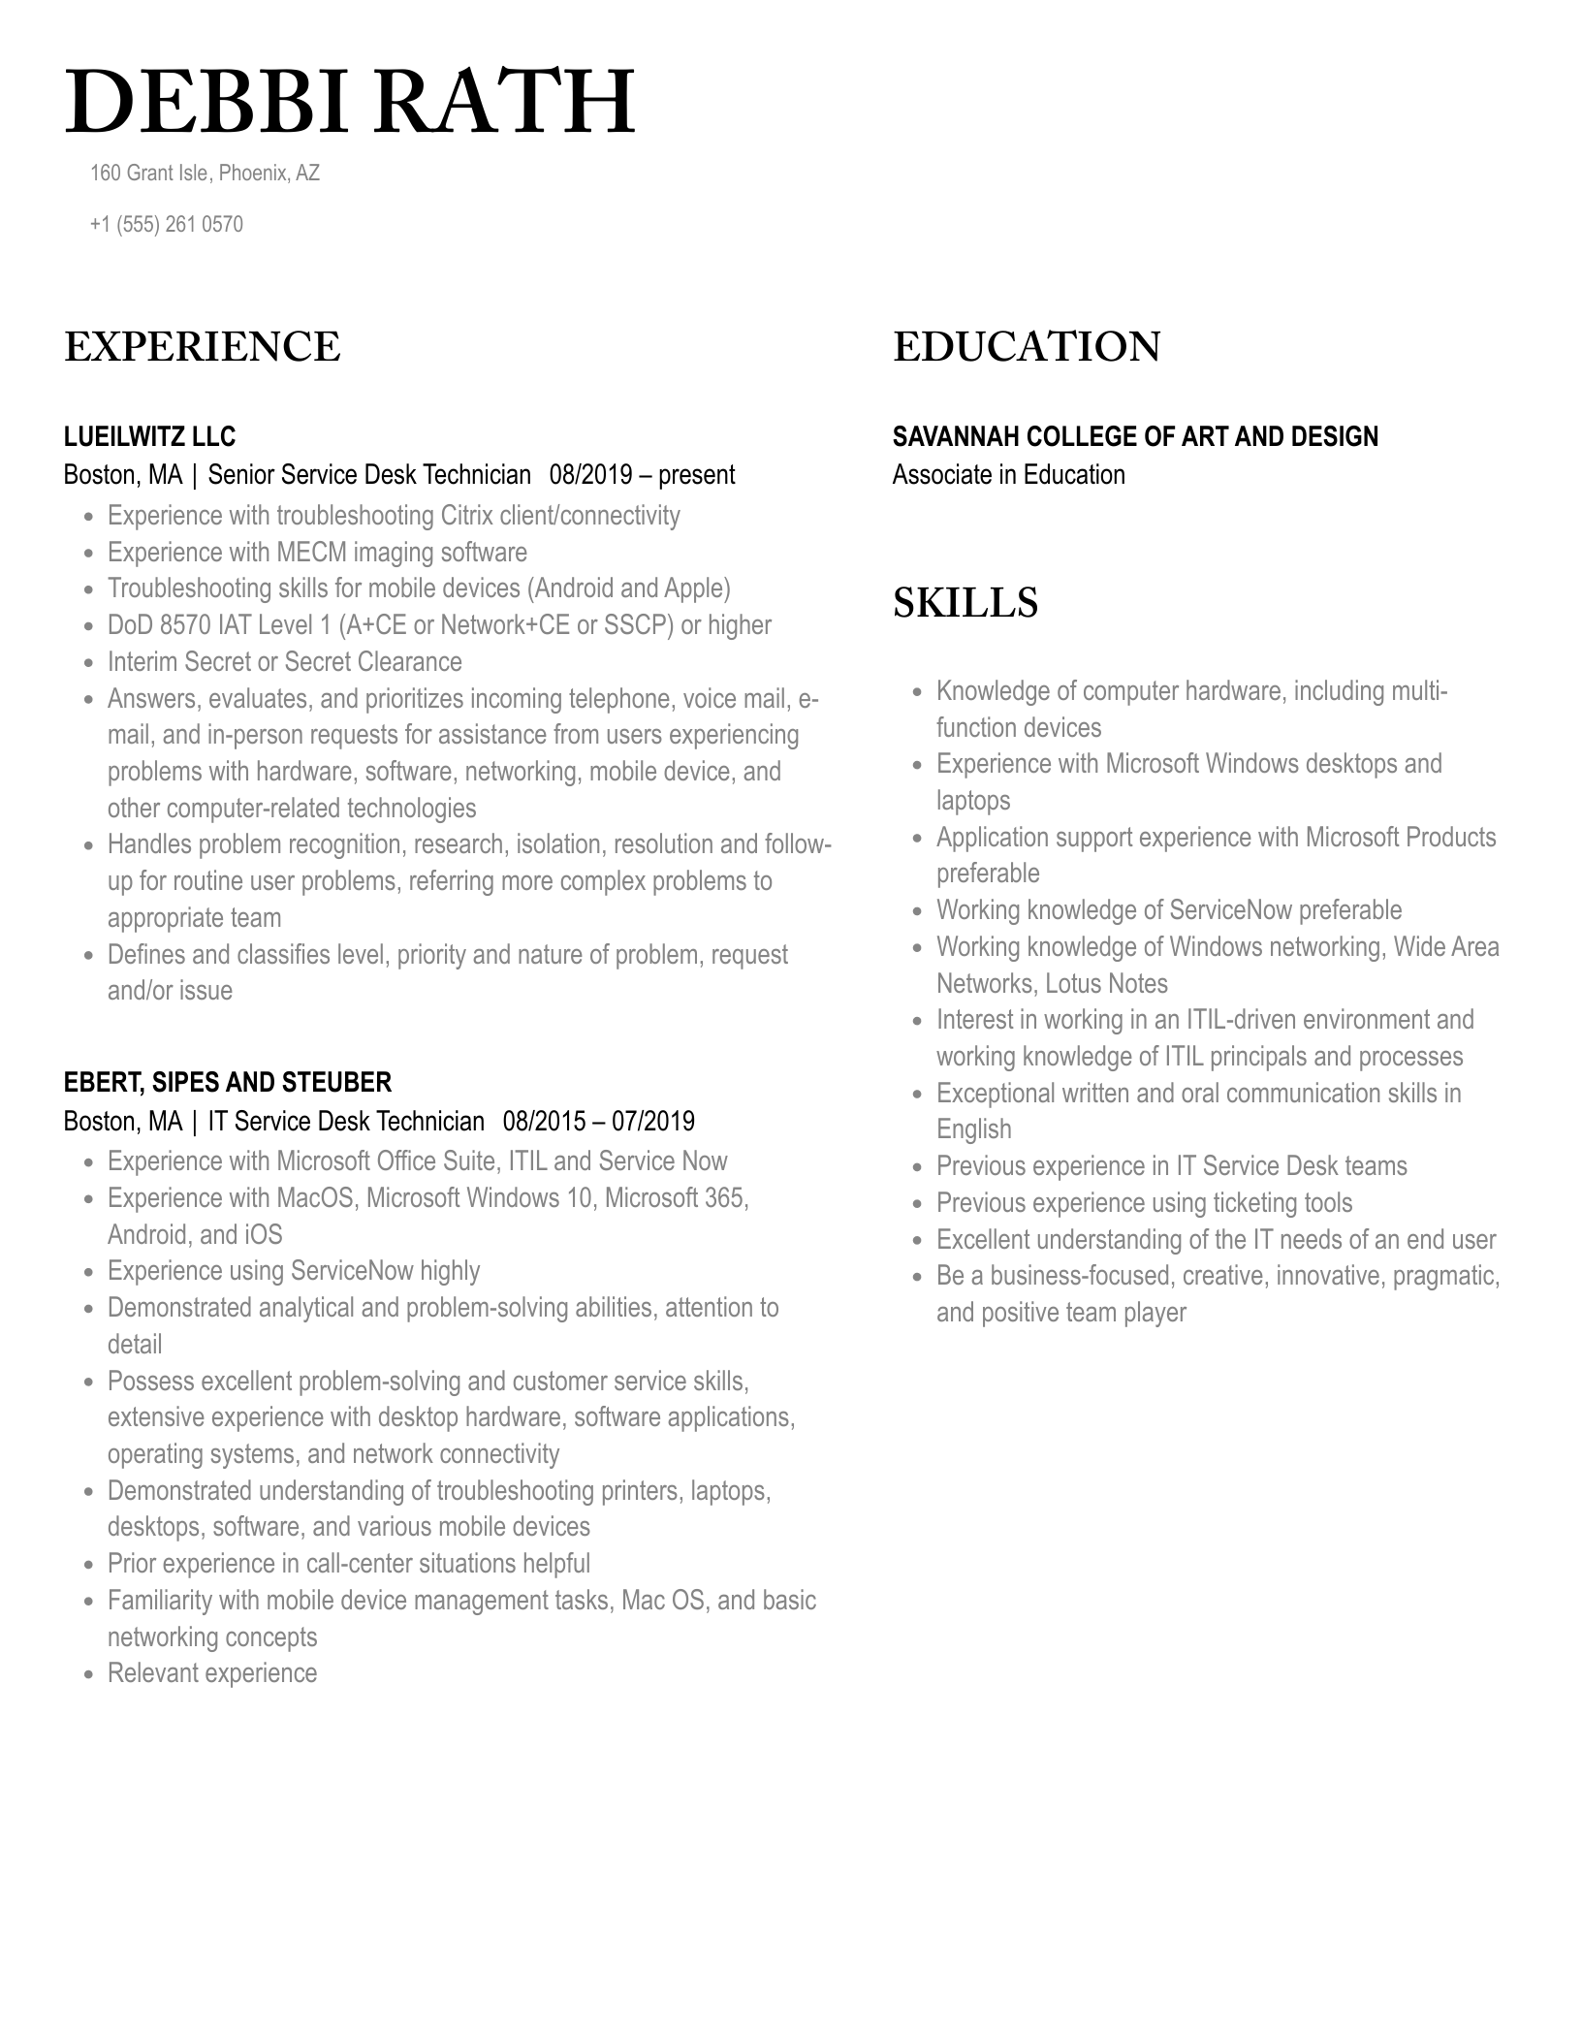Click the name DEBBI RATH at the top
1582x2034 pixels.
[349, 102]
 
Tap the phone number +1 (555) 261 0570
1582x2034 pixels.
[166, 225]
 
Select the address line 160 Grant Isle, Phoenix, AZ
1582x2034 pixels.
[205, 174]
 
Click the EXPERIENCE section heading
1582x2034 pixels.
[202, 347]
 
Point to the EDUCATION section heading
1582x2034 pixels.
[1026, 347]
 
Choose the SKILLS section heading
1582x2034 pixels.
[965, 603]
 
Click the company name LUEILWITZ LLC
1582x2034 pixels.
[149, 437]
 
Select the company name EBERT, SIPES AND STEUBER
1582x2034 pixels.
[227, 1083]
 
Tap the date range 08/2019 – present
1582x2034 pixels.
[642, 475]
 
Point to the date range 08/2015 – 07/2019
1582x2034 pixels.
[598, 1122]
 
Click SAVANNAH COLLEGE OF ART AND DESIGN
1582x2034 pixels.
[1134, 437]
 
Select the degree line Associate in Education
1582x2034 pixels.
[1008, 475]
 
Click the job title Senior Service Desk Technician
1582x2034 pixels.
[369, 475]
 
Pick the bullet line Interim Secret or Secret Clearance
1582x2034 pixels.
[284, 662]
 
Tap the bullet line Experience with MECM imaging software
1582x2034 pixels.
[317, 553]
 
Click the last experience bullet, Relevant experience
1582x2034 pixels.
[212, 1673]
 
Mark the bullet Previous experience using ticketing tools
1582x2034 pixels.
[1144, 1203]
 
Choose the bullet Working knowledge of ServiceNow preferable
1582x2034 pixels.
[1168, 910]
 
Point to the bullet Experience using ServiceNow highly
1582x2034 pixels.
[294, 1271]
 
